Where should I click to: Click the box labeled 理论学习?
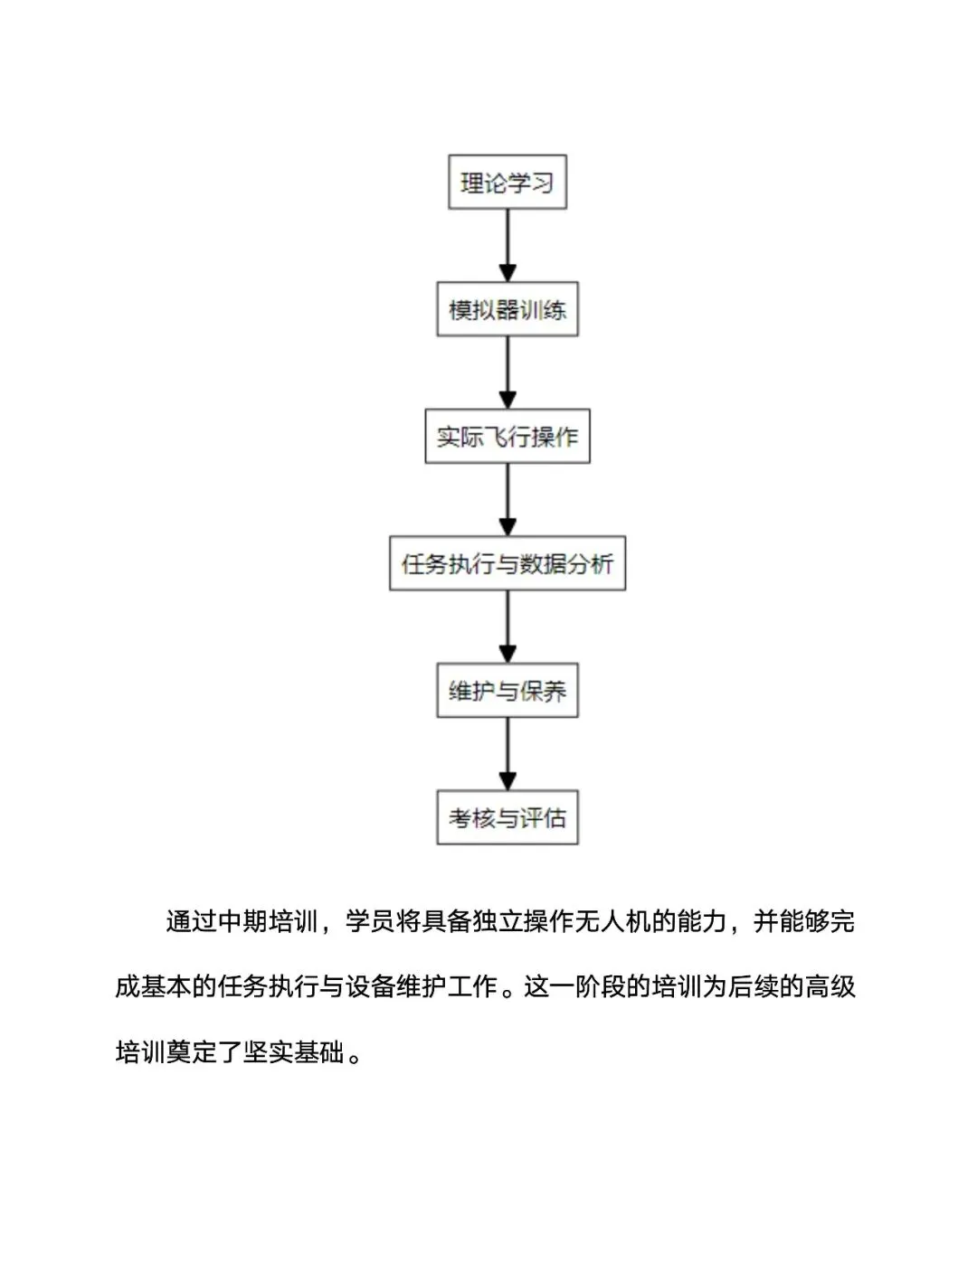[507, 183]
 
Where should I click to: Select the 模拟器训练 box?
[507, 310]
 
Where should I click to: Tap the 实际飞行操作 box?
[507, 437]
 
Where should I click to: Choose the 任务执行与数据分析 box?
[507, 564]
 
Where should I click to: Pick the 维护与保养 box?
[507, 691]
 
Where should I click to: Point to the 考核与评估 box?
[507, 818]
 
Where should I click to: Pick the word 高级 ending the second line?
[830, 986]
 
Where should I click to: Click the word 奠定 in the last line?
[192, 1052]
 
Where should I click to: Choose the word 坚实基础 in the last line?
[294, 1052]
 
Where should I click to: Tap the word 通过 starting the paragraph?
[191, 921]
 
